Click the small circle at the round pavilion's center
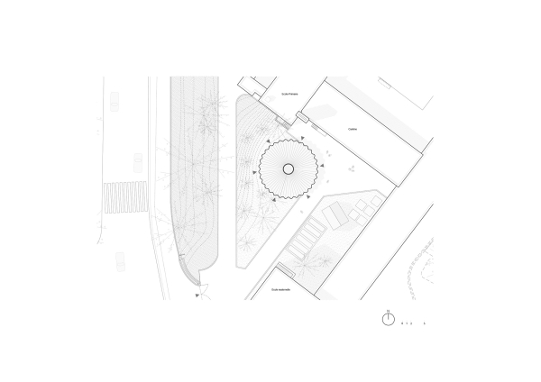289,169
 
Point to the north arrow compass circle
388,320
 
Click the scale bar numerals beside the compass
413,323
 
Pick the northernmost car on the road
115,104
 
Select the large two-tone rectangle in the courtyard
335,215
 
